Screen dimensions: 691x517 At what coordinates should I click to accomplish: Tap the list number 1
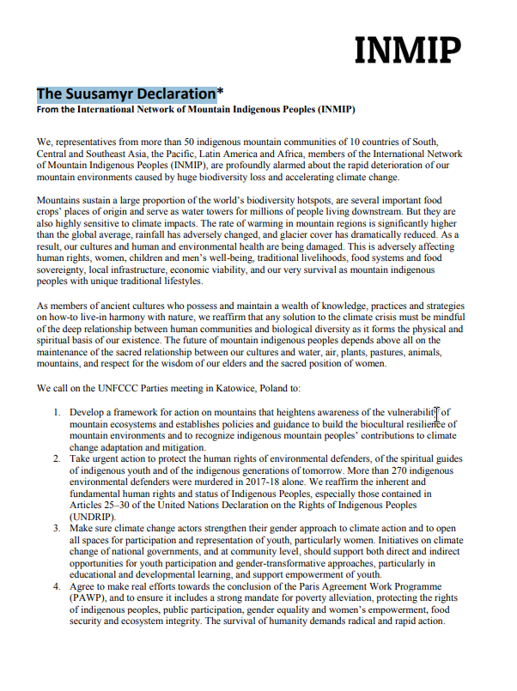[56, 412]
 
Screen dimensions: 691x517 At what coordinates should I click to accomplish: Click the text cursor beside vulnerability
[437, 414]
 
